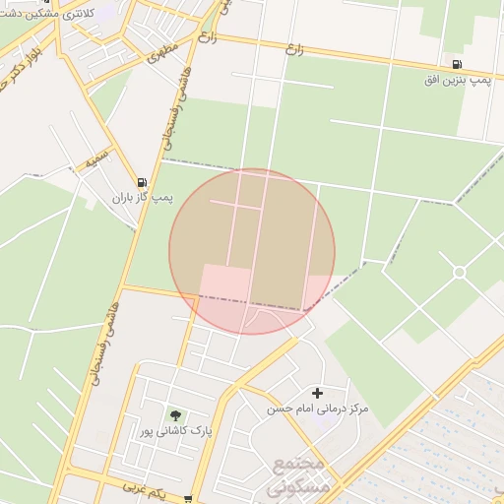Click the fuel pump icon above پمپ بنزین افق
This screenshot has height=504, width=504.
[x=457, y=65]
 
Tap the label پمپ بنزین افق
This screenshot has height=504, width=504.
[x=457, y=80]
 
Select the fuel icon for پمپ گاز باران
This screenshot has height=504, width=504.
[x=143, y=182]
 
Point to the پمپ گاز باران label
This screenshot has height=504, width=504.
[x=142, y=198]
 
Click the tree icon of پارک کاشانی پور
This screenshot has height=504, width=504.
[x=176, y=416]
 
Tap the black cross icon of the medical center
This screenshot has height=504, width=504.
[x=317, y=393]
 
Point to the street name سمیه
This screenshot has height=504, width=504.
[x=97, y=157]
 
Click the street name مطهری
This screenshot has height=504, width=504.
[x=161, y=51]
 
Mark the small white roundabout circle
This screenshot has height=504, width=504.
[x=459, y=272]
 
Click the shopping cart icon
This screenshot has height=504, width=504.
[x=188, y=500]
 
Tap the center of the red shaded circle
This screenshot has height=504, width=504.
[x=252, y=251]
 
